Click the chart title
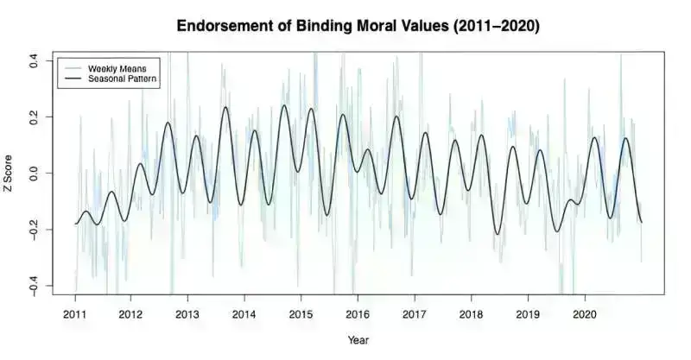click(x=358, y=26)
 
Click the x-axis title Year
click(x=358, y=339)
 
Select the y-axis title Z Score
click(x=11, y=174)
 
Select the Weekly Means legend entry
click(x=112, y=67)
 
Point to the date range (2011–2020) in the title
click(x=488, y=26)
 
